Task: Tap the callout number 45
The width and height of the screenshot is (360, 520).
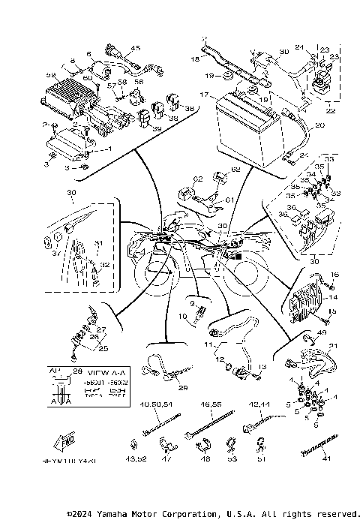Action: (x=136, y=48)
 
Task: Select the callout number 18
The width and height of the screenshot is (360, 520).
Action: (x=196, y=58)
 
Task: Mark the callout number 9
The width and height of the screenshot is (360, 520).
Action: (x=192, y=303)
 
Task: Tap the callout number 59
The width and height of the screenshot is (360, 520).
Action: (x=52, y=75)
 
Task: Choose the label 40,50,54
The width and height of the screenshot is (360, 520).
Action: (x=155, y=404)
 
